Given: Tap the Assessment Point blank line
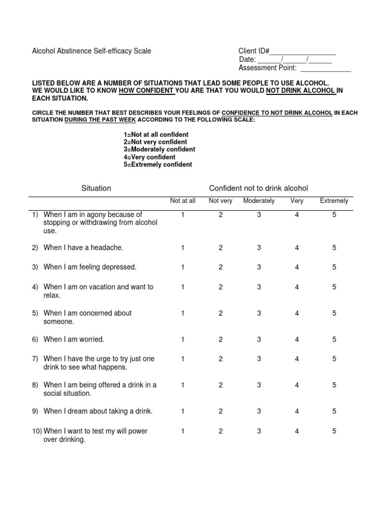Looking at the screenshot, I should point(326,69).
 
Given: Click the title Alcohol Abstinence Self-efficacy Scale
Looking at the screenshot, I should point(91,51).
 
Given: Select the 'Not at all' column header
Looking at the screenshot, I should point(182,201).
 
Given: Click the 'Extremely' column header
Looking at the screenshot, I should point(334,201).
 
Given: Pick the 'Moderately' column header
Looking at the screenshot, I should point(259,201).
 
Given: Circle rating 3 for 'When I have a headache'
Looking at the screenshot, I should point(259,248).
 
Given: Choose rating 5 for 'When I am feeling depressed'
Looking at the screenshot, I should point(334,267).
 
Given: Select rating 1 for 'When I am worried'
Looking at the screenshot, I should point(182,340).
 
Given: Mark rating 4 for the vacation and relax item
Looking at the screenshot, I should point(297,287).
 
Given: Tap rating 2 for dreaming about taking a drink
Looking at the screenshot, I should point(221,412).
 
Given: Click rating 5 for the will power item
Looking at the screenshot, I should point(334,431).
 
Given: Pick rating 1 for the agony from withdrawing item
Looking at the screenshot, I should point(182,215).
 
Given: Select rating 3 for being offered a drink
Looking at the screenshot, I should point(259,385).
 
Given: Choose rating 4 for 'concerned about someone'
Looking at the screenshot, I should point(297,313).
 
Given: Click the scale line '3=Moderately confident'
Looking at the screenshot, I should point(159,150).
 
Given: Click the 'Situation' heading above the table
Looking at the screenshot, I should point(96,188).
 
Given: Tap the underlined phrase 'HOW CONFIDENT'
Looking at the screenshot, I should point(147,91).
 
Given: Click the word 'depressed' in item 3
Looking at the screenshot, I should point(120,267).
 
